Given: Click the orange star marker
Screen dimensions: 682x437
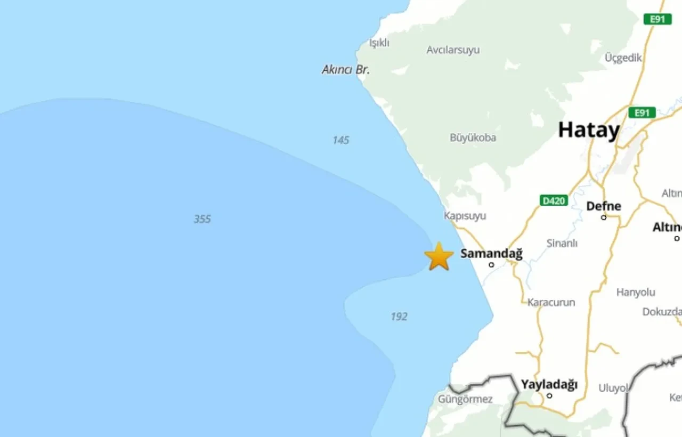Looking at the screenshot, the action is (x=439, y=256).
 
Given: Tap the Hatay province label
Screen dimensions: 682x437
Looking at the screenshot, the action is (x=589, y=130).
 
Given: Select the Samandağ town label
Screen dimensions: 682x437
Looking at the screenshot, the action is (x=491, y=253).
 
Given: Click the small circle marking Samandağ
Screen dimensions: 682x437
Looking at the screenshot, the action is (x=491, y=264).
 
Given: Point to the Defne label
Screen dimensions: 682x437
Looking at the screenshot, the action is (x=604, y=206).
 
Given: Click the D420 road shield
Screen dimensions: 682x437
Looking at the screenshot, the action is (x=554, y=200).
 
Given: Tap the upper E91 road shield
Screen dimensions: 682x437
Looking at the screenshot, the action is (x=657, y=19).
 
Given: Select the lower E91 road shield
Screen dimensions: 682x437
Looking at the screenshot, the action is (x=642, y=112).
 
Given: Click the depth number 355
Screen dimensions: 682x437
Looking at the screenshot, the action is (x=202, y=219).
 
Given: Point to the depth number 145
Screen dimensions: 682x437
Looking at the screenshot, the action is (x=341, y=140).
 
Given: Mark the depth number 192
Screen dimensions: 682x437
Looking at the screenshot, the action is (x=399, y=317).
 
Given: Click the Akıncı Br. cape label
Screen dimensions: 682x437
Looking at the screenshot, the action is (x=346, y=70).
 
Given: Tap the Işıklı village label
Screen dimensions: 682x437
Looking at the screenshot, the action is (x=379, y=43).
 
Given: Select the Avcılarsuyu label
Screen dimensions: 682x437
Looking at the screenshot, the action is (x=453, y=50).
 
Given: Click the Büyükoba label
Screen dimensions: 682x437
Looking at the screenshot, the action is (x=473, y=137).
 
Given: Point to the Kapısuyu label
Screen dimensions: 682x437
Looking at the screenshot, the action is (x=465, y=216).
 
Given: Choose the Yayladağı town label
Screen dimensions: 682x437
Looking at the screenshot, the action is (x=549, y=384).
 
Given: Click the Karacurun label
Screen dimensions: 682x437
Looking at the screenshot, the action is (x=551, y=302).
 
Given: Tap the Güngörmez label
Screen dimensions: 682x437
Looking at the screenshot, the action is (x=465, y=399).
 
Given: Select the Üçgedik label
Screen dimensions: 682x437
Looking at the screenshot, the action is (x=623, y=58).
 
